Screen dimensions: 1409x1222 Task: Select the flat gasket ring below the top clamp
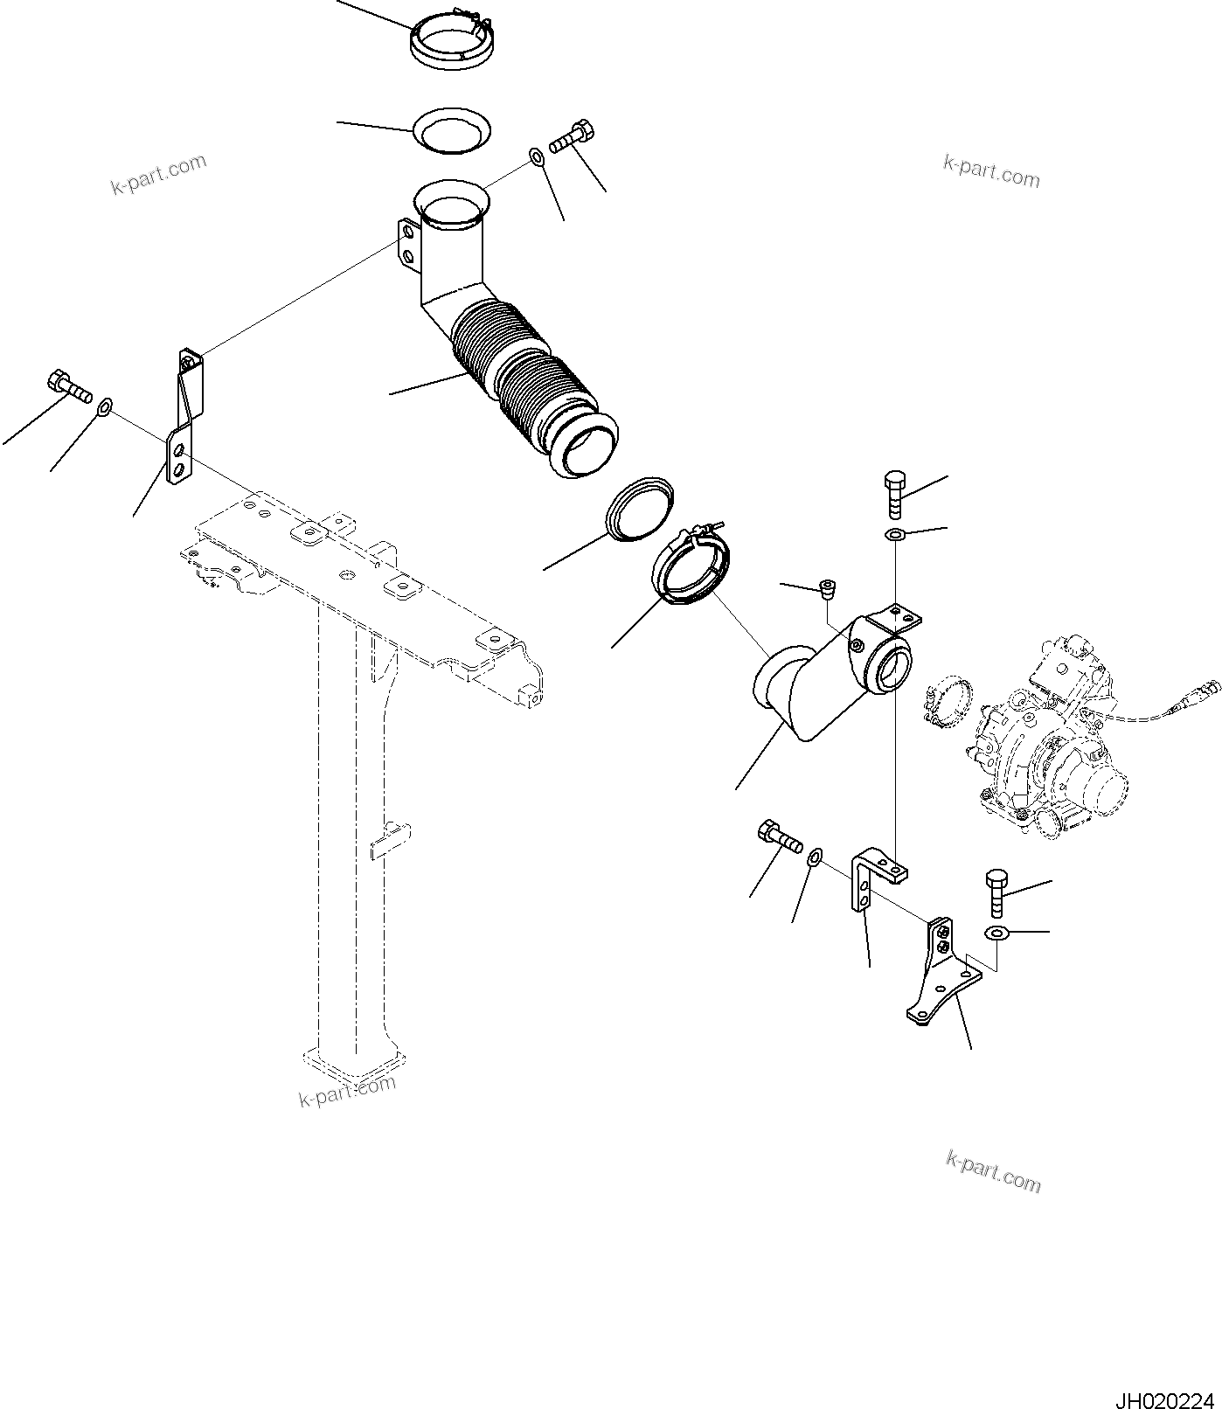[x=451, y=131]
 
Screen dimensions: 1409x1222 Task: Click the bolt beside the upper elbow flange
[x=573, y=137]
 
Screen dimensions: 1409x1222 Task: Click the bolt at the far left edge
[x=68, y=386]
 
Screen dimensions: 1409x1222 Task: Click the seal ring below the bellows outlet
[x=641, y=509]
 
